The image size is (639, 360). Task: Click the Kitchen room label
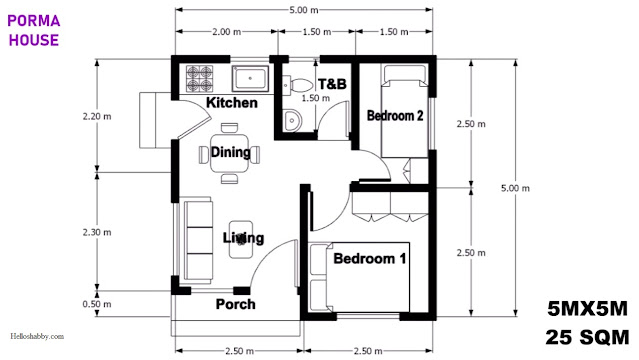232,103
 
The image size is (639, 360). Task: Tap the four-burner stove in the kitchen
200,79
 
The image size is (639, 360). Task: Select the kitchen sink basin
250,79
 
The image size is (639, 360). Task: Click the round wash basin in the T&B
292,120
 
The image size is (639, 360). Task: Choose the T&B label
332,84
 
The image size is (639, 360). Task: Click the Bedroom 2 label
395,115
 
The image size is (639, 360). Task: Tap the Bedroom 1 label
370,258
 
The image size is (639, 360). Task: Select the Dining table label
231,152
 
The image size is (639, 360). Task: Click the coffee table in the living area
241,239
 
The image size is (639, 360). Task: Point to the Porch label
236,304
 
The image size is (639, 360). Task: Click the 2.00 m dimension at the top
227,32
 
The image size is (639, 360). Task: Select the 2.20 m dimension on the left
97,117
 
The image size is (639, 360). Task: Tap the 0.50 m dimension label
97,304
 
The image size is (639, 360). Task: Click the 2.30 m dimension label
97,232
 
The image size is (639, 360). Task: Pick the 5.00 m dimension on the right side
516,188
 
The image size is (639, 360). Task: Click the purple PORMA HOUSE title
34,31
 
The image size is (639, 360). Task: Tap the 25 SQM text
587,338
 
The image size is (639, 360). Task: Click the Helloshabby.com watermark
37,336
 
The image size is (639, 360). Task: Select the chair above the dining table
229,128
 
